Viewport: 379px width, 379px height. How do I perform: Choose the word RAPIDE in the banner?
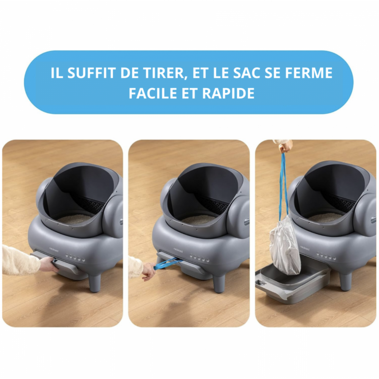pos(228,93)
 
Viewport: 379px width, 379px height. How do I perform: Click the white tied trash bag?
pos(285,245)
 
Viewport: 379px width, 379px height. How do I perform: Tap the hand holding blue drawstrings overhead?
pos(285,146)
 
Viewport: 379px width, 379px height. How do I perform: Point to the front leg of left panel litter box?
pos(95,283)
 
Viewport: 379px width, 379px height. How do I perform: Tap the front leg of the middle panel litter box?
pos(219,283)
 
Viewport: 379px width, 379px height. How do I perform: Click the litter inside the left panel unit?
pos(74,219)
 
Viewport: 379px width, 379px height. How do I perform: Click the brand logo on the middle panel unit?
pos(178,250)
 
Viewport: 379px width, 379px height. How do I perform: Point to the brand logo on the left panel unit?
pos(54,249)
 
